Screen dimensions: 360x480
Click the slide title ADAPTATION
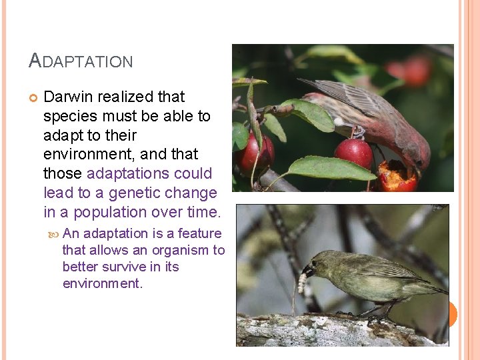click(81, 61)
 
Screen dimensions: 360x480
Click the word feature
click(199, 233)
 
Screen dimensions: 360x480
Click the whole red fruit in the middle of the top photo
click(353, 153)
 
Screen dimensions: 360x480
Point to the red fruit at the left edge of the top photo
click(254, 154)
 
